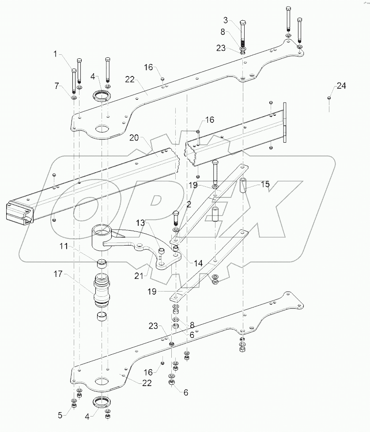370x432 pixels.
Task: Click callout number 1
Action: (55, 54)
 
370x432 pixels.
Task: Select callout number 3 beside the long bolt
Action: (226, 20)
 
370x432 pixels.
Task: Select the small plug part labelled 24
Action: (329, 98)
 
